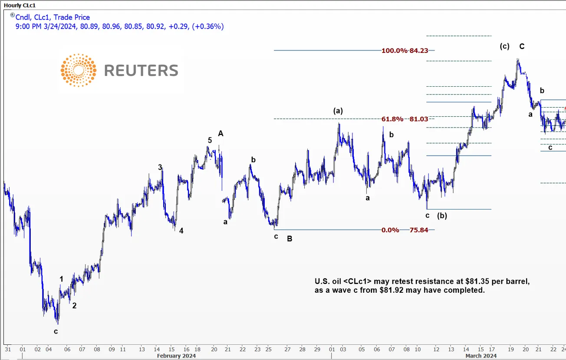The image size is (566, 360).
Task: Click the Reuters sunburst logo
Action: click(x=79, y=70)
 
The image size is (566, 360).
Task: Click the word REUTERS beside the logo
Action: click(x=141, y=70)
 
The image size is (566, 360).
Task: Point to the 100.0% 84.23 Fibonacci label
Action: click(x=405, y=50)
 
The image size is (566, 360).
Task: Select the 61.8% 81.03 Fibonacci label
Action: click(x=405, y=119)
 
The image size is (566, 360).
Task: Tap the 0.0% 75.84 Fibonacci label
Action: click(x=405, y=230)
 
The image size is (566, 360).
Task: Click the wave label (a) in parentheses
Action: click(x=338, y=111)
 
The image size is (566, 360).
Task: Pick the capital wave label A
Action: click(x=220, y=134)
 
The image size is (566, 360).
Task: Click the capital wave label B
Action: click(x=290, y=238)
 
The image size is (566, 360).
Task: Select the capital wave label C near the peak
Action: click(x=522, y=46)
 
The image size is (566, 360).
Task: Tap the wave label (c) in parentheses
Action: click(x=504, y=46)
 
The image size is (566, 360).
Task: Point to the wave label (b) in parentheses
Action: click(x=442, y=216)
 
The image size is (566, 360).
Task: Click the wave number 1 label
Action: click(x=62, y=279)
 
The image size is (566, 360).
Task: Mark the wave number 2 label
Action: click(x=74, y=305)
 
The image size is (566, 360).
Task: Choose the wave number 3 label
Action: click(x=160, y=167)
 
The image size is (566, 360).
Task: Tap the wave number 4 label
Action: click(x=181, y=231)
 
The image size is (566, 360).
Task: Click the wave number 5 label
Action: click(x=210, y=140)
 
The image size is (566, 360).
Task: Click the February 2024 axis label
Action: click(x=176, y=356)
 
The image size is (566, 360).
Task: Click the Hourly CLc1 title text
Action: click(x=20, y=5)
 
